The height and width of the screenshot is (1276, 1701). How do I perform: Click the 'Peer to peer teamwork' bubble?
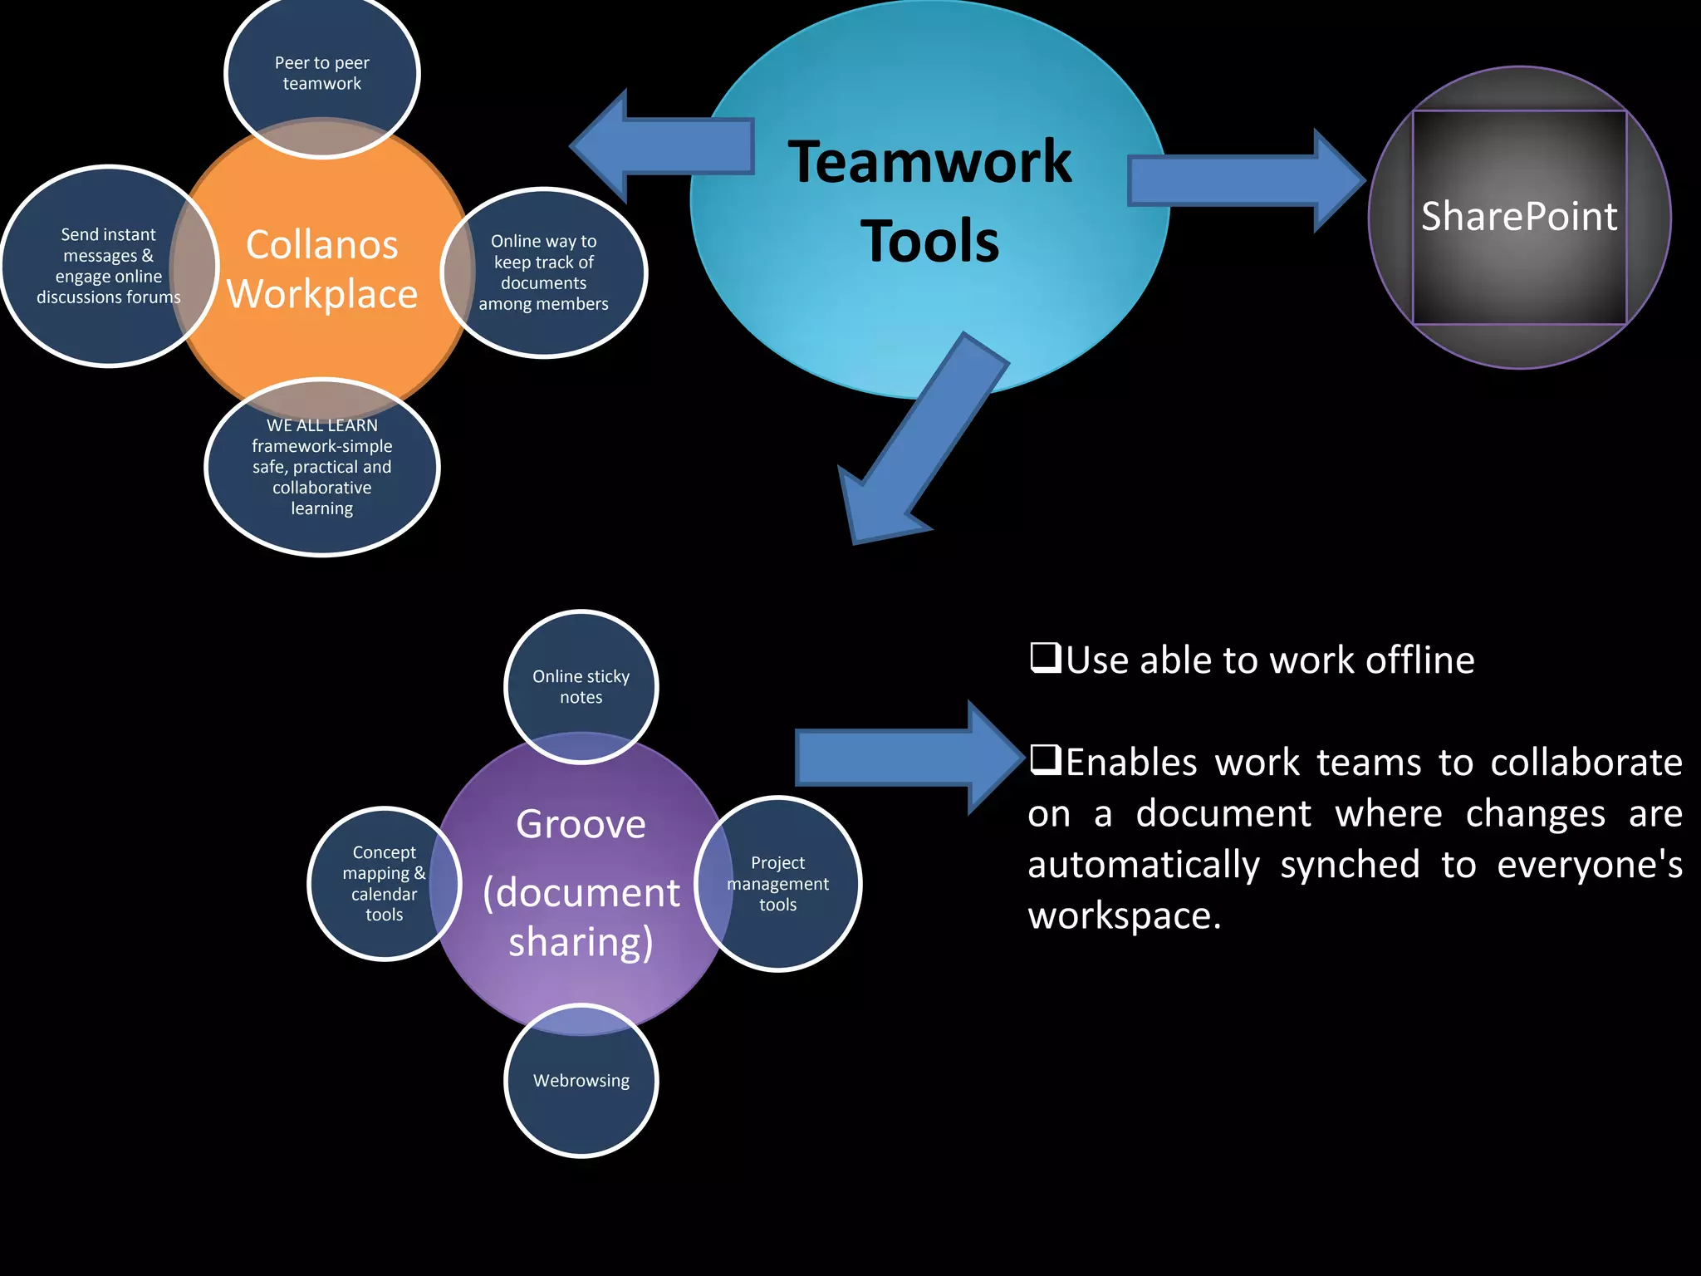[321, 73]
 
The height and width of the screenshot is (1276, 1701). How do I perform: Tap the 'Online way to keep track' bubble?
[544, 272]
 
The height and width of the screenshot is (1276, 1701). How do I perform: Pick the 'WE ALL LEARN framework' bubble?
[321, 467]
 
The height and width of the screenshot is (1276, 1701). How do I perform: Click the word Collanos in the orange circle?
[321, 245]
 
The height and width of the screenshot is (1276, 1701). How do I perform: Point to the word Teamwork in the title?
[929, 162]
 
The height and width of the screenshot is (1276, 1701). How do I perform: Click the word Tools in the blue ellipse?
[929, 242]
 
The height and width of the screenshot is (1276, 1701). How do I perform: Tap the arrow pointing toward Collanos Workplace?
[664, 146]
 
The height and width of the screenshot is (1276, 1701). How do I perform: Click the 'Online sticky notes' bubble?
[581, 686]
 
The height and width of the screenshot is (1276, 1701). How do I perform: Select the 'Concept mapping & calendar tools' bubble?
[384, 883]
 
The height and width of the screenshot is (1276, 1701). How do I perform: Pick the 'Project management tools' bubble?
[778, 883]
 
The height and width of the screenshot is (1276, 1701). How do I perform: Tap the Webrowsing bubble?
[581, 1080]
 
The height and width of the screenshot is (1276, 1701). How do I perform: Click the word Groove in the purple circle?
[581, 824]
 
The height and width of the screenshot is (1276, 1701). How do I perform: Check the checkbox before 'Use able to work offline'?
[1045, 658]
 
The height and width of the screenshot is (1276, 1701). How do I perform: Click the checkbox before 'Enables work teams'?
[1045, 759]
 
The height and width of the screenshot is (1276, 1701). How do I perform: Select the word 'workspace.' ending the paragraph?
[1124, 915]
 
